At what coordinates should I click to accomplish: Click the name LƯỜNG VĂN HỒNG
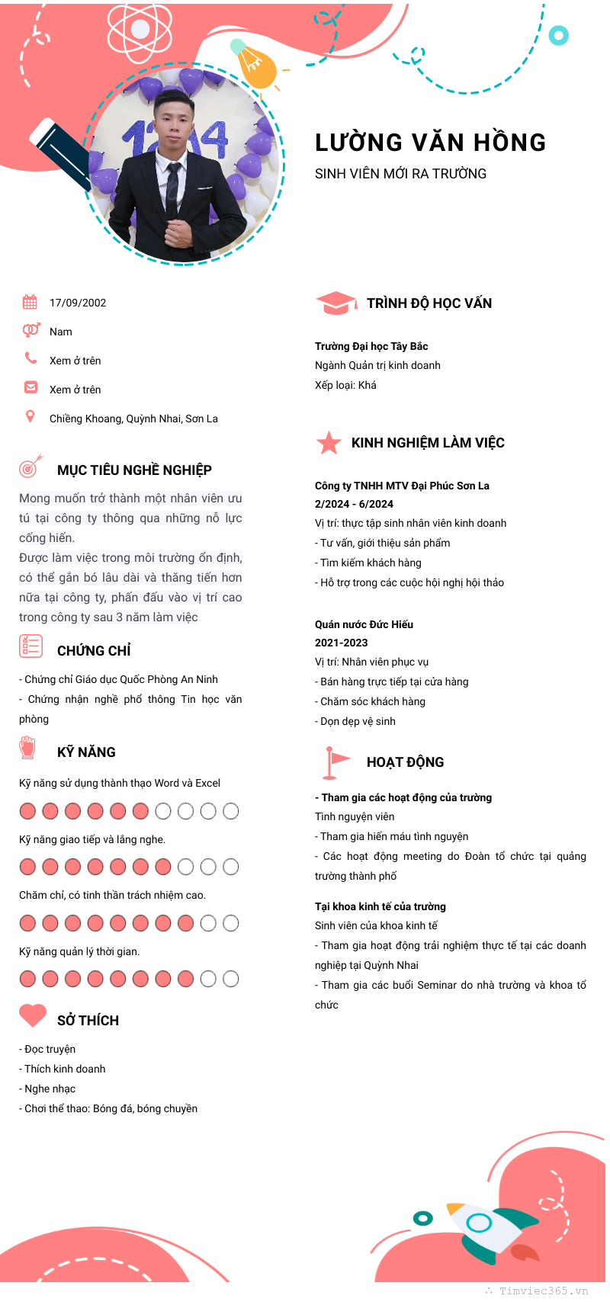430,143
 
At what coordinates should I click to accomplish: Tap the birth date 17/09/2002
78,303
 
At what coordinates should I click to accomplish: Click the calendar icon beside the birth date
30,302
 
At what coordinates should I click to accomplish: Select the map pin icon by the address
30,416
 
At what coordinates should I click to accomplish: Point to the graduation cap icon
335,303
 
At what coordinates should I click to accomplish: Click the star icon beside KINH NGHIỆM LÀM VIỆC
329,443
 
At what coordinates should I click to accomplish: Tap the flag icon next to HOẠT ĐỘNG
333,762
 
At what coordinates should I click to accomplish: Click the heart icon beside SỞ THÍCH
33,1015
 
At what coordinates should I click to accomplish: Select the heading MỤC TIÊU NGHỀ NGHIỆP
134,470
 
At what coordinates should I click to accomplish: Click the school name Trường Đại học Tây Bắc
371,346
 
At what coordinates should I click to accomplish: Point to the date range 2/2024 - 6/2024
354,504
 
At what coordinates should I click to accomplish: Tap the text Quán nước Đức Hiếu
364,624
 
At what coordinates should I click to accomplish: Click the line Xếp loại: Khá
345,385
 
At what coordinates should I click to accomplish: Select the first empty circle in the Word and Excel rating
163,811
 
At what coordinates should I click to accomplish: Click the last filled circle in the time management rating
185,979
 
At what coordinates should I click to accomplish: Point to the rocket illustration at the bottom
488,1227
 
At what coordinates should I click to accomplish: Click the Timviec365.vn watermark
543,1291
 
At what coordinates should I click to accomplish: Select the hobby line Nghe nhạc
50,1089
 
